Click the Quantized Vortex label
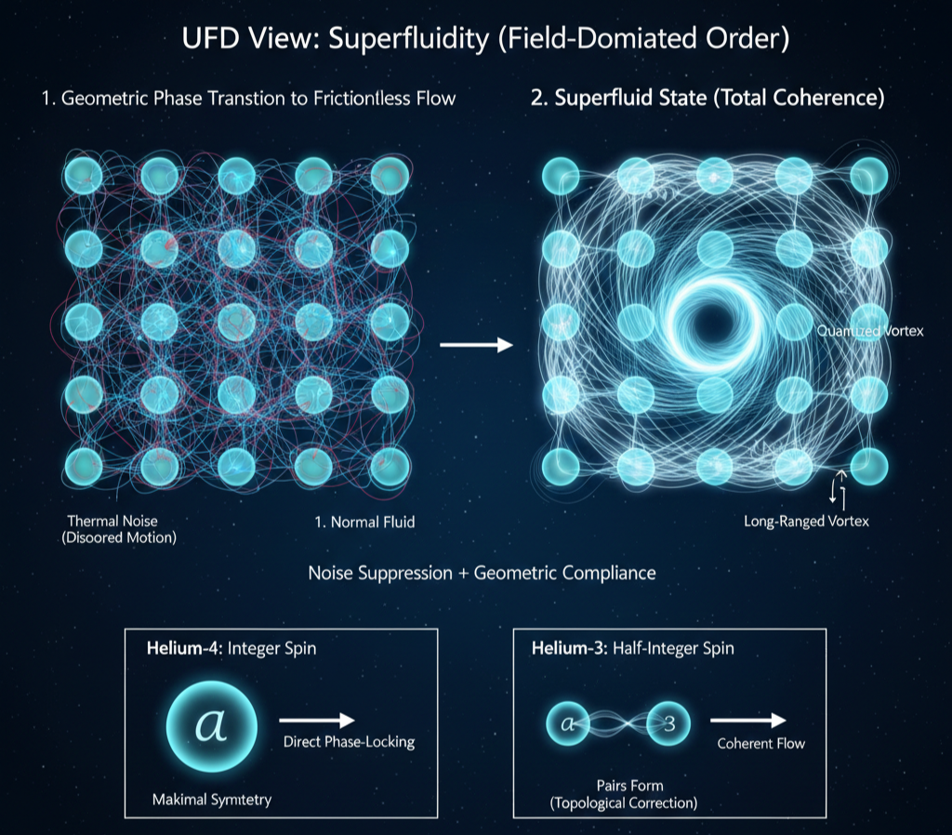(x=869, y=332)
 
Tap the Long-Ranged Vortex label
(x=806, y=522)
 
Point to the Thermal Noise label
(x=112, y=521)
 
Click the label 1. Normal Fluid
(x=364, y=522)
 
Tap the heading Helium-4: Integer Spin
(x=231, y=648)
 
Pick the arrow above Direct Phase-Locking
(x=317, y=720)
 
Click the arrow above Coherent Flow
(x=748, y=720)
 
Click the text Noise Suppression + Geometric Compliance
(x=482, y=573)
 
